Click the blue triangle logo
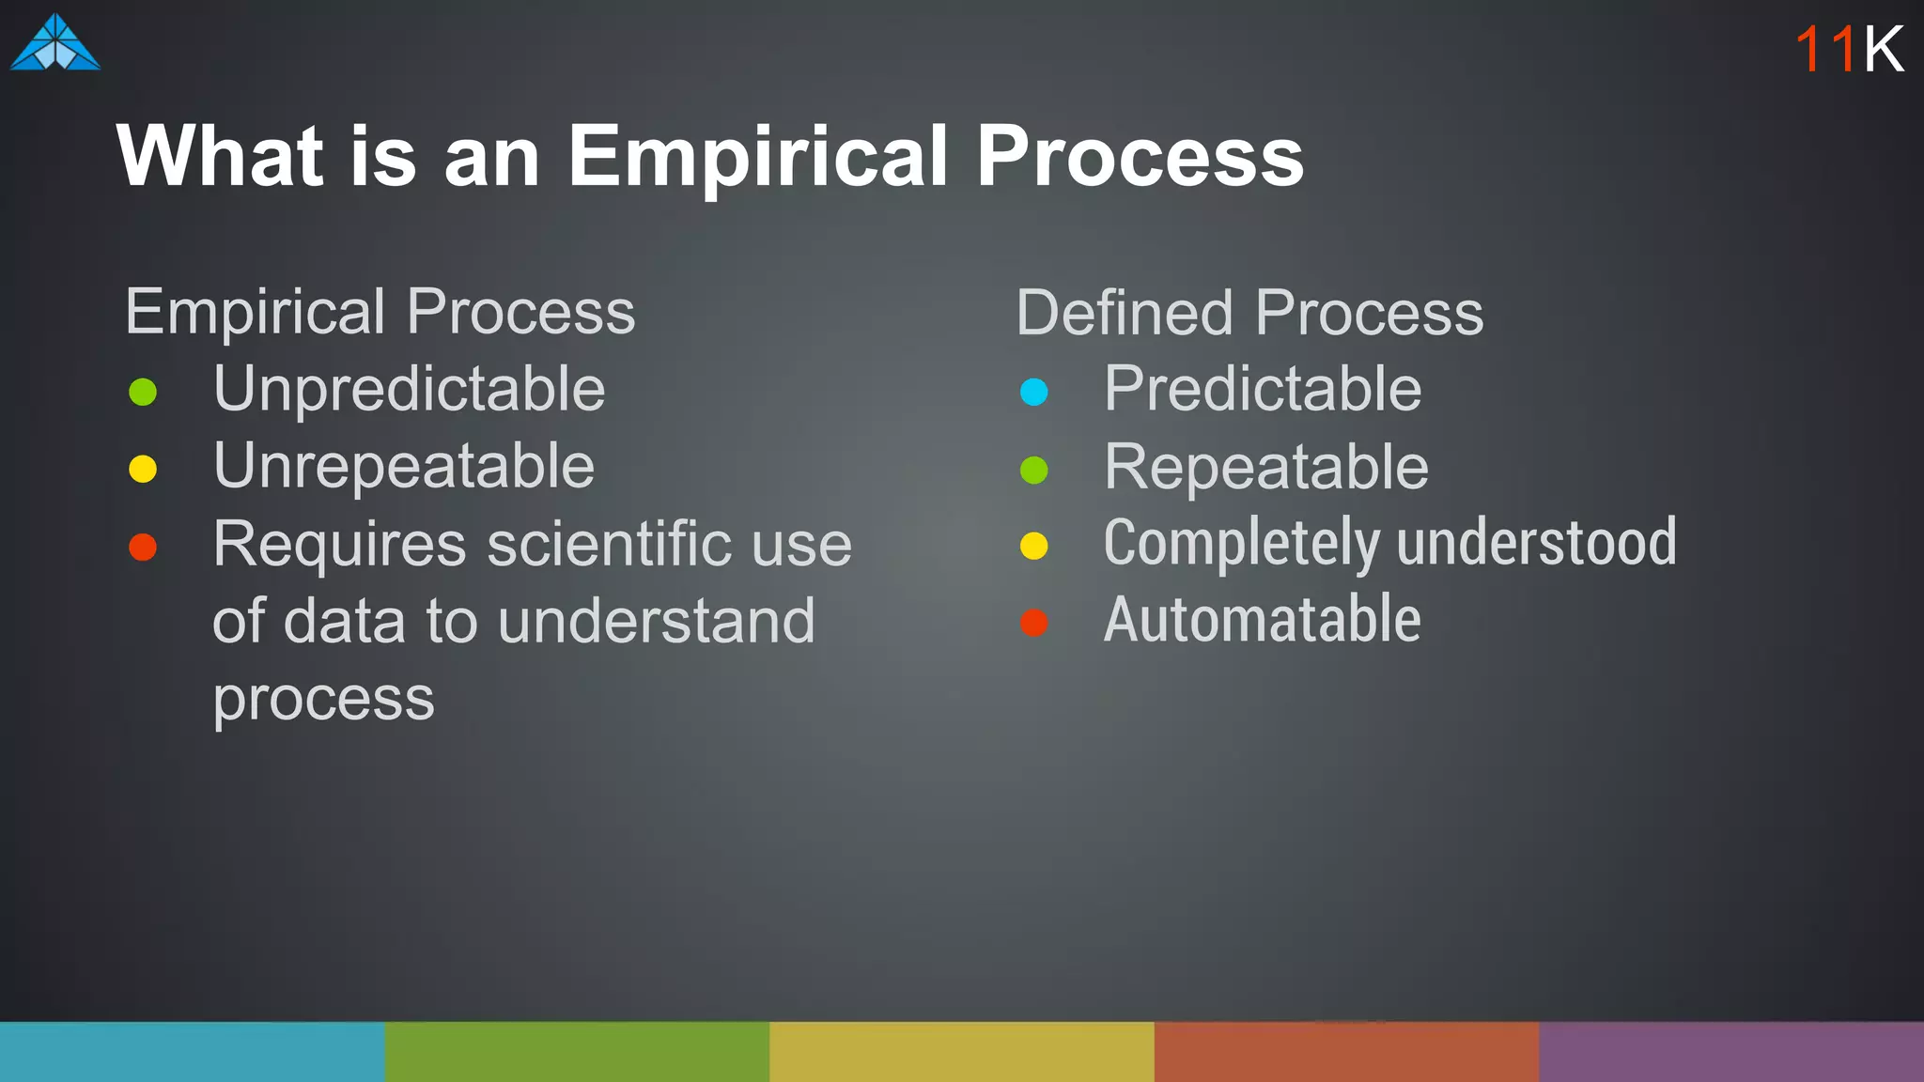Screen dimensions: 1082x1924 pos(55,44)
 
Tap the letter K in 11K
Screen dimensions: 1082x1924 pos(1884,49)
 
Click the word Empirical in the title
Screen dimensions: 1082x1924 pos(757,157)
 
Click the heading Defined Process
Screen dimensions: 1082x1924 pos(1249,313)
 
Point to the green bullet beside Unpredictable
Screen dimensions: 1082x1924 pos(143,392)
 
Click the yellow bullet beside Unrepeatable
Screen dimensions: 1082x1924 pos(143,469)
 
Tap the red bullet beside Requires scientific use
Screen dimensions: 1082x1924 pos(143,547)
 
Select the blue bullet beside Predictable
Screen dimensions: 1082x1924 pos(1034,392)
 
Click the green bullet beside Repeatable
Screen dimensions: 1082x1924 pos(1034,470)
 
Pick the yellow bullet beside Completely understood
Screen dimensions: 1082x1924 pos(1034,546)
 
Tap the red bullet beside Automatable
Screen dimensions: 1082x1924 pos(1034,623)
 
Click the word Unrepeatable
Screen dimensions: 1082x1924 pos(404,467)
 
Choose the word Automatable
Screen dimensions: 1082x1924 pos(1262,620)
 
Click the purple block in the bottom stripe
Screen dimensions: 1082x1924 pos(1731,1052)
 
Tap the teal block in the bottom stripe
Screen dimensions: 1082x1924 pos(192,1052)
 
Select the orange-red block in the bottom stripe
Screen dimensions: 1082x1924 pos(1346,1052)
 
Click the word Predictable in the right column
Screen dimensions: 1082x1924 pos(1263,390)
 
